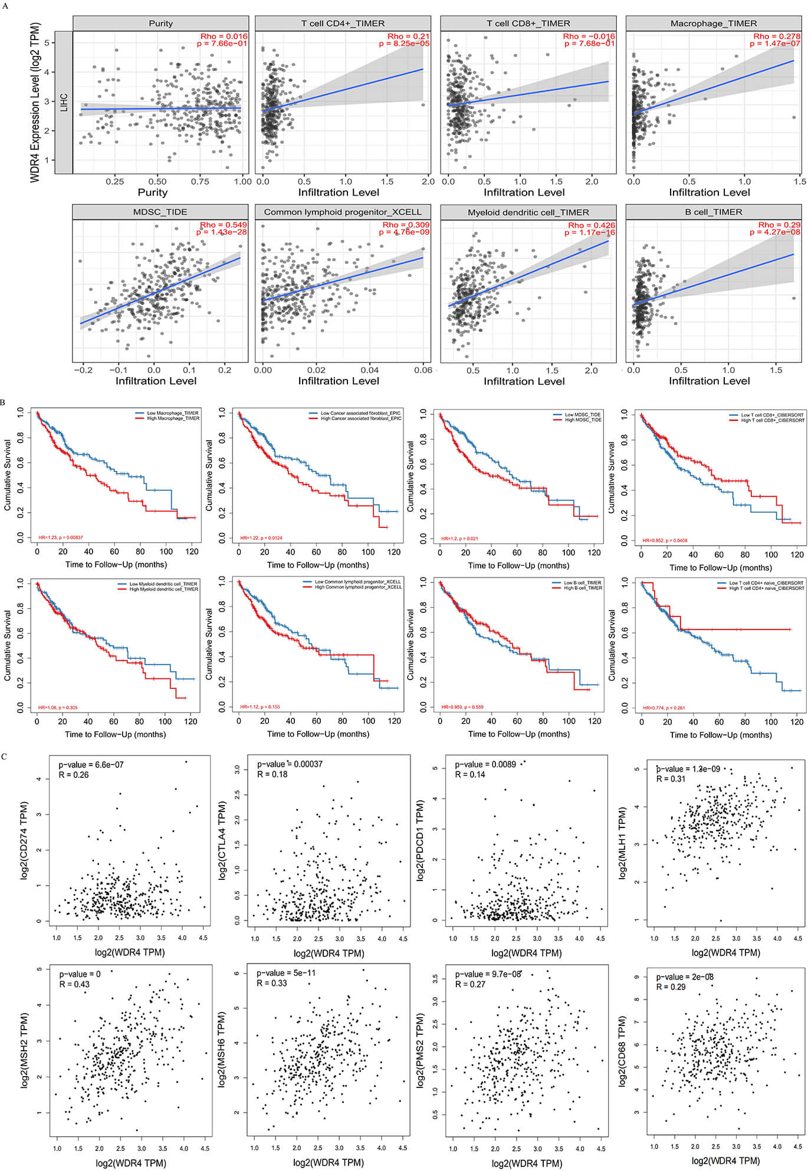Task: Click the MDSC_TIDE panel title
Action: tap(160, 212)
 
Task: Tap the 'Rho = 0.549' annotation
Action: tap(224, 225)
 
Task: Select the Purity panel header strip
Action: tap(160, 24)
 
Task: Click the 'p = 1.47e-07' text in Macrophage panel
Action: tap(775, 44)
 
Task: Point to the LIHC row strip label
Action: tap(64, 102)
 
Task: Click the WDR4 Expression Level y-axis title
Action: tap(35, 102)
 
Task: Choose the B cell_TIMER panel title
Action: tap(713, 212)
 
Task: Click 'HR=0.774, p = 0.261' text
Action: tap(664, 708)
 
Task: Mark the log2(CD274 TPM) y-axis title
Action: tap(25, 840)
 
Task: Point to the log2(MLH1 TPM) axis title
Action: tap(622, 843)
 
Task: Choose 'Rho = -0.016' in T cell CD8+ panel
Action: tap(589, 37)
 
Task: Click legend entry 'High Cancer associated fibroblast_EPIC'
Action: tap(360, 418)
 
